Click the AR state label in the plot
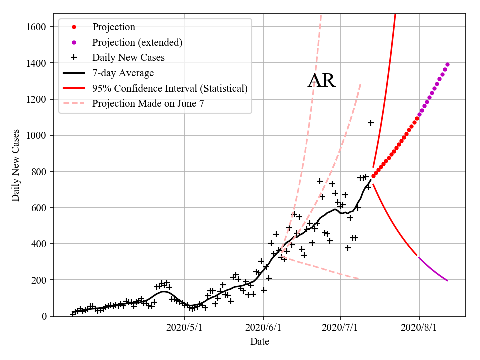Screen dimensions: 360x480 pyautogui.click(x=321, y=80)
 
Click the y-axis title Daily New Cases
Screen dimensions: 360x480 pyautogui.click(x=16, y=165)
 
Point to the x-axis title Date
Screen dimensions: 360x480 pyautogui.click(x=260, y=342)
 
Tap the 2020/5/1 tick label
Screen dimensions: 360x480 pyautogui.click(x=185, y=328)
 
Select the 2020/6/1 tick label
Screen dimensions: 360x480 pyautogui.click(x=263, y=328)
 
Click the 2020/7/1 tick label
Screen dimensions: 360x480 pyautogui.click(x=340, y=328)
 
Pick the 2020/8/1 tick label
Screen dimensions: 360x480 pyautogui.click(x=419, y=328)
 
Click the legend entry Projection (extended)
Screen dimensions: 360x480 pyautogui.click(x=137, y=42)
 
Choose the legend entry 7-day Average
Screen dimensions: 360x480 pyautogui.click(x=123, y=73)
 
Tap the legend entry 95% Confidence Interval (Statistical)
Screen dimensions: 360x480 pyautogui.click(x=170, y=89)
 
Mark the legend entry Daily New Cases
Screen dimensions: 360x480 pyautogui.click(x=128, y=58)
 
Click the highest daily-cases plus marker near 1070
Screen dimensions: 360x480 pyautogui.click(x=371, y=123)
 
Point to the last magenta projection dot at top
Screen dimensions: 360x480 pyautogui.click(x=447, y=64)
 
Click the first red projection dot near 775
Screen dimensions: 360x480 pyautogui.click(x=373, y=176)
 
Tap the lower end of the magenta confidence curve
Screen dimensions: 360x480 pyautogui.click(x=447, y=280)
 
